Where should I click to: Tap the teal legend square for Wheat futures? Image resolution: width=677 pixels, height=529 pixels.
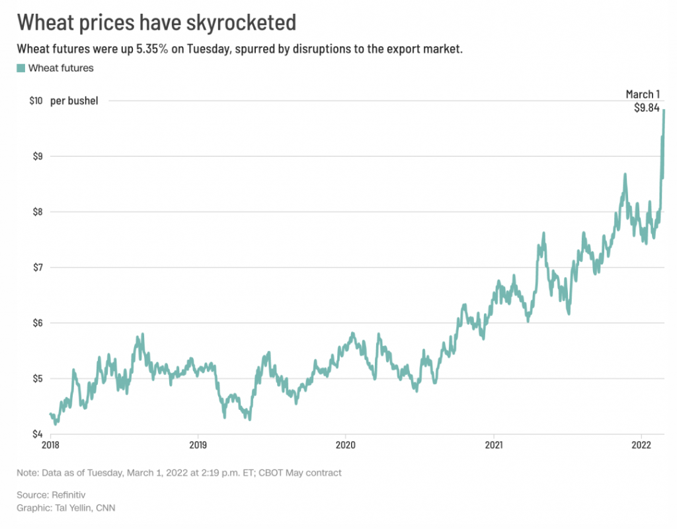pos(20,67)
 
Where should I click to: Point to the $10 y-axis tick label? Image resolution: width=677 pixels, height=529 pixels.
pos(36,101)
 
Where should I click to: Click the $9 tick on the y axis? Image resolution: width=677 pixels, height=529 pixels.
pos(38,157)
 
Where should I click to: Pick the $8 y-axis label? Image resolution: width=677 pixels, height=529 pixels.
pos(38,212)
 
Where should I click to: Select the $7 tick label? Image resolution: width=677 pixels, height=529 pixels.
pos(38,268)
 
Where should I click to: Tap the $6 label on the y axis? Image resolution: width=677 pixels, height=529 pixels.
pos(38,323)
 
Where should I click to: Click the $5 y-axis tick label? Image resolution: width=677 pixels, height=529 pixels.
pos(38,379)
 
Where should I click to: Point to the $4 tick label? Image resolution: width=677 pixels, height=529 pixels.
pos(38,434)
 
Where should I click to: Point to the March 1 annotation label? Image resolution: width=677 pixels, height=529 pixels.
pos(643,95)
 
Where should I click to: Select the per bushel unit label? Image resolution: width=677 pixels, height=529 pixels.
pos(74,101)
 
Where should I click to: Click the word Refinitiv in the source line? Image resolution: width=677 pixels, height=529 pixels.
pos(71,495)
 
